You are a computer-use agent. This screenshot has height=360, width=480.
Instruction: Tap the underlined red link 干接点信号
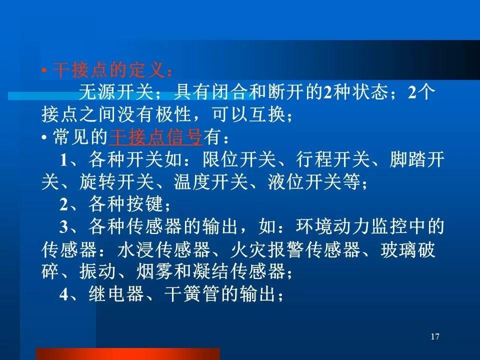[155, 136]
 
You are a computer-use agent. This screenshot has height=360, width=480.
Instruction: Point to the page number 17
[435, 336]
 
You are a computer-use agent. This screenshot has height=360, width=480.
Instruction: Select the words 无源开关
[116, 92]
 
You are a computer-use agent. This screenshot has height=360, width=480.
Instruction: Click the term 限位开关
[239, 159]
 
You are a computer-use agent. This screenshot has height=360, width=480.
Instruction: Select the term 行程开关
[333, 159]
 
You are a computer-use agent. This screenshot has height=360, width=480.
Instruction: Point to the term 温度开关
[210, 182]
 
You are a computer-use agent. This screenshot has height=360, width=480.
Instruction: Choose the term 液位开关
[304, 182]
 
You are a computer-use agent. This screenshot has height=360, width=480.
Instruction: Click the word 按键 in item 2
[145, 204]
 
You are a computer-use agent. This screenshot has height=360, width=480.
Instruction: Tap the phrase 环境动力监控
[351, 226]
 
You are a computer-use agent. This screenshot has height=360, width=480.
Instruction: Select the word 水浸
[135, 249]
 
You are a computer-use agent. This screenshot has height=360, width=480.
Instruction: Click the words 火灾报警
[266, 249]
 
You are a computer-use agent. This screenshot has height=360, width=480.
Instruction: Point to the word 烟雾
[154, 271]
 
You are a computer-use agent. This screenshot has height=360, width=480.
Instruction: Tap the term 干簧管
[192, 294]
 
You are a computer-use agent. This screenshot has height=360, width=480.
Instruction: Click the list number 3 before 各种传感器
[63, 227]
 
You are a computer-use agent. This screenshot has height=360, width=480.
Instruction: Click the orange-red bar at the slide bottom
[128, 354]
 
